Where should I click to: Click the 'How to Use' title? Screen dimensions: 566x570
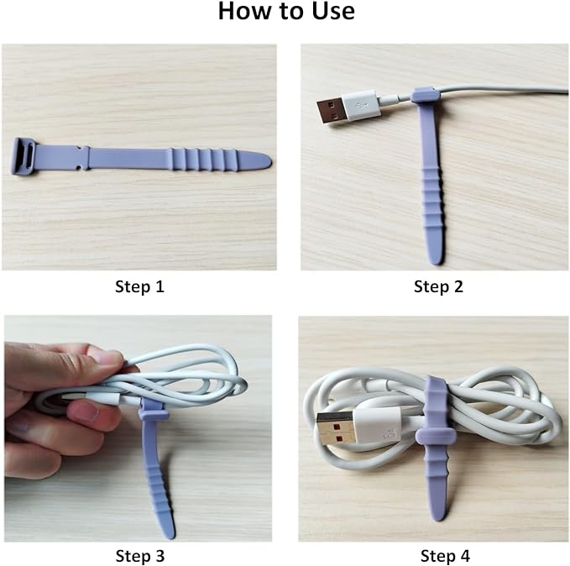285,13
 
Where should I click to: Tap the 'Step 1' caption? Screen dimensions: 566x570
139,286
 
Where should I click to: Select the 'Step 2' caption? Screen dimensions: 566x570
438,286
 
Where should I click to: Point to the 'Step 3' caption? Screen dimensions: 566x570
139,555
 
